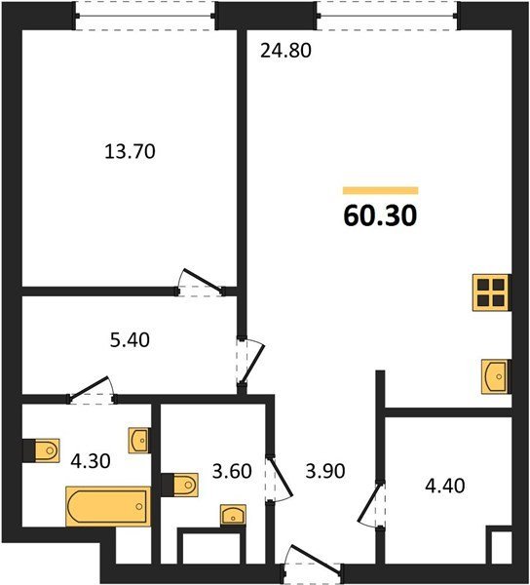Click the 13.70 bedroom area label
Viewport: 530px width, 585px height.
(130, 151)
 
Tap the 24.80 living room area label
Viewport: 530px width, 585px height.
(285, 51)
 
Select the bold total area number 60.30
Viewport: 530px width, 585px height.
(380, 216)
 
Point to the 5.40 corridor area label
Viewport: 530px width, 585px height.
(130, 340)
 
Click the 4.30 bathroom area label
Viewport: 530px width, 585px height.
(91, 461)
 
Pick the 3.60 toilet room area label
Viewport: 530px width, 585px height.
(232, 471)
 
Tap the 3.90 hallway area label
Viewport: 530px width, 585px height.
(325, 471)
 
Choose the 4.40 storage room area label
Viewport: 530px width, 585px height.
(445, 486)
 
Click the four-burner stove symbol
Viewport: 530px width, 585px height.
(491, 292)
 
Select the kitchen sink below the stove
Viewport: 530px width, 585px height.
(495, 376)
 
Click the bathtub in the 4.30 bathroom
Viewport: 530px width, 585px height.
(108, 506)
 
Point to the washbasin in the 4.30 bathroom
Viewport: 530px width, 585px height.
(139, 441)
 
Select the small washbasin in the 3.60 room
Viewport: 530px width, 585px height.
(233, 516)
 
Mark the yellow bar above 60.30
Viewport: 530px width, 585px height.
(380, 191)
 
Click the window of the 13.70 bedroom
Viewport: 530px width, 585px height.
(145, 16)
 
